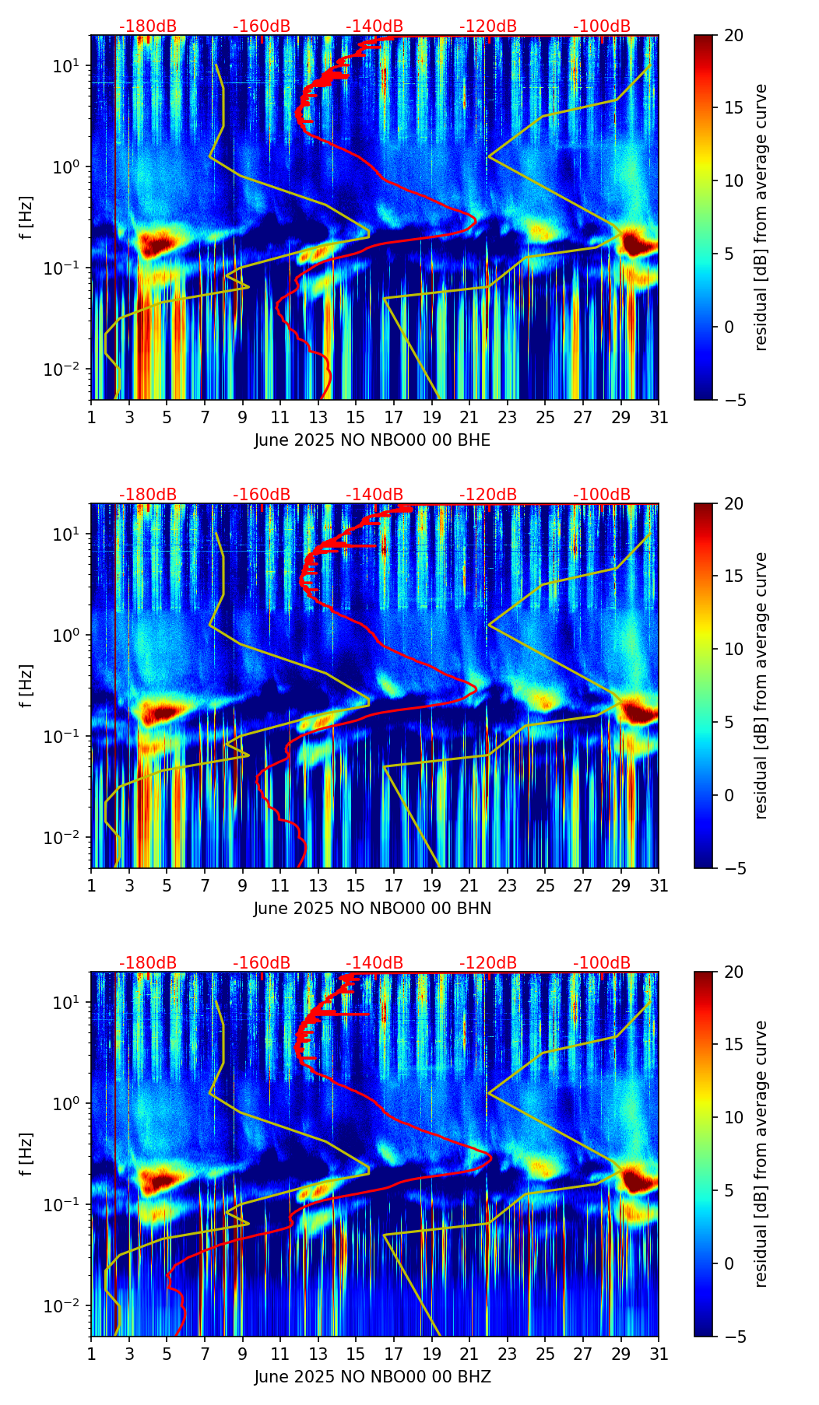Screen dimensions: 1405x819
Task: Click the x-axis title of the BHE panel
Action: (372, 440)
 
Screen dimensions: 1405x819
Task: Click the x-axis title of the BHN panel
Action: (372, 909)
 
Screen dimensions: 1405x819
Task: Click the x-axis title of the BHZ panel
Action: (372, 1377)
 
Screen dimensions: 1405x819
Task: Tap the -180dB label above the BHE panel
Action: (148, 26)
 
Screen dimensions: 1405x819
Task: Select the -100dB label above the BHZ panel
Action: (602, 963)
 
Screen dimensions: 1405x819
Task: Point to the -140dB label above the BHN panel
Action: (374, 495)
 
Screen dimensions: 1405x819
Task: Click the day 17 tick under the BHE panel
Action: (394, 417)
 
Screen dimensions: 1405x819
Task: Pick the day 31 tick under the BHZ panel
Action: (659, 1354)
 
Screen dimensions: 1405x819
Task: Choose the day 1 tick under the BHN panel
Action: (91, 885)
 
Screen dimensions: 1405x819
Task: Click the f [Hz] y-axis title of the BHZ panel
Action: (26, 1154)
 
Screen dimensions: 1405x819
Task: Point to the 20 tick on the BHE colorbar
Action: (733, 35)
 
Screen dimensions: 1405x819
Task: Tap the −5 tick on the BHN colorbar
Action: (733, 868)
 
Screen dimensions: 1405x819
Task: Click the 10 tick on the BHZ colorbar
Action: (733, 1117)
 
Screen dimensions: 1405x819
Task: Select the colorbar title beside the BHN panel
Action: (761, 685)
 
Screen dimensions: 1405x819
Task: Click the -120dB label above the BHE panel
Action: (488, 26)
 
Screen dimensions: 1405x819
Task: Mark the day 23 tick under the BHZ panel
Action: (508, 1354)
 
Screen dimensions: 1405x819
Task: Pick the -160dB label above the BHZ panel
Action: (262, 963)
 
